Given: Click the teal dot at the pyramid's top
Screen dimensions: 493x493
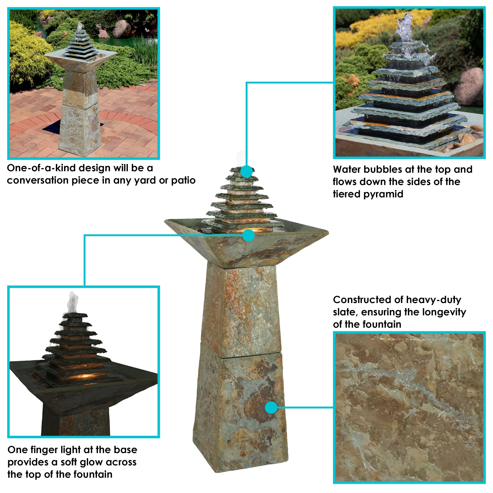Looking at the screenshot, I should pos(246,172).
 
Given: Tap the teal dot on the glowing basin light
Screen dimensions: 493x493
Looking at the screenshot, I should pos(249,235).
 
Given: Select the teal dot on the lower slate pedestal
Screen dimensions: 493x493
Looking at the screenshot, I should pos(271,408).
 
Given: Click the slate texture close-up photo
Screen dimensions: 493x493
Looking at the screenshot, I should pos(409,408).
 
